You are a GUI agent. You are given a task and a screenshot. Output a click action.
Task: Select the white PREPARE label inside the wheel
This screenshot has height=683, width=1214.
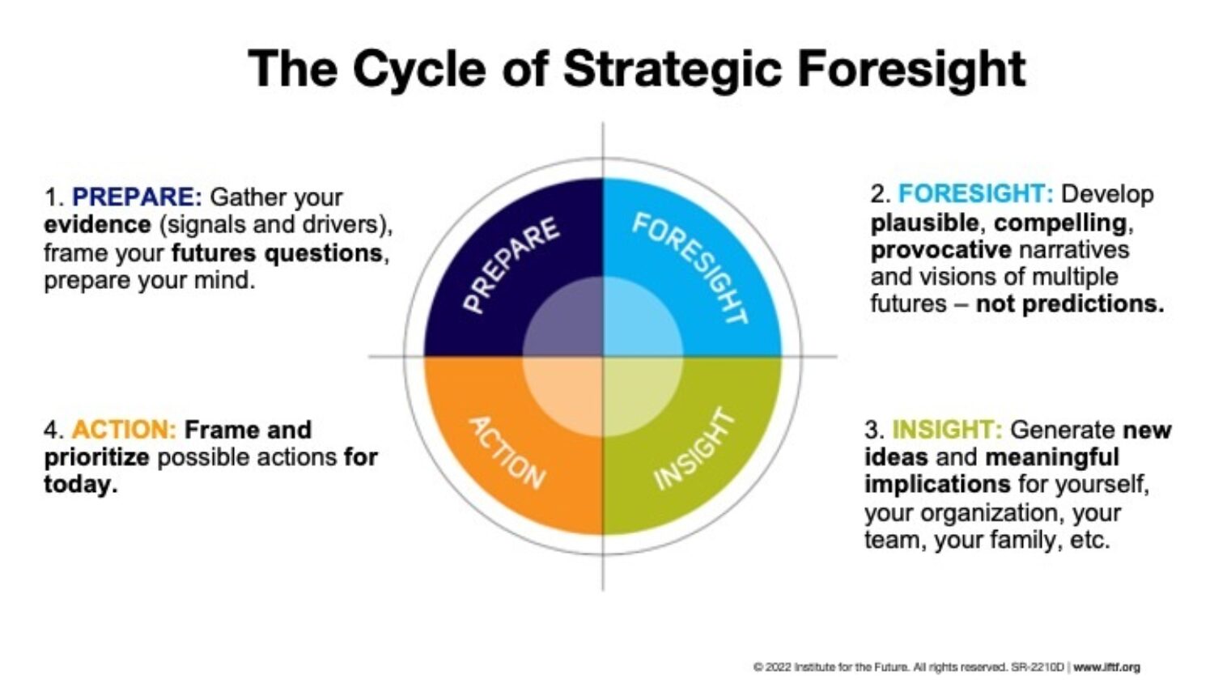coord(511,264)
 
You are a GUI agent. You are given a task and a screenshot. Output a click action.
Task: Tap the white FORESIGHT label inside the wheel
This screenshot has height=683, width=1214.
coord(690,268)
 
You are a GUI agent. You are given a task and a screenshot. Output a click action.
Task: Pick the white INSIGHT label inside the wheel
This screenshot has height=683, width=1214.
coord(694,450)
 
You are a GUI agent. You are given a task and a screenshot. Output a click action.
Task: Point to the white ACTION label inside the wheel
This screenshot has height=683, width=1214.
coord(507,452)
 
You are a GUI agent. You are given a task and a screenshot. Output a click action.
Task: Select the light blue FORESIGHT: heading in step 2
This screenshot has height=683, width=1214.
coord(975,194)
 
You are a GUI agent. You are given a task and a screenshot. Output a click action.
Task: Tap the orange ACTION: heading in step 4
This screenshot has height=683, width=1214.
coord(124,429)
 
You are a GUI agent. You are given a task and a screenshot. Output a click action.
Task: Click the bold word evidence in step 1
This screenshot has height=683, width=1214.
coord(97,224)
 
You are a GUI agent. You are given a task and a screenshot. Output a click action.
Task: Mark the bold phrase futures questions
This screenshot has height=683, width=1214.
coord(276,252)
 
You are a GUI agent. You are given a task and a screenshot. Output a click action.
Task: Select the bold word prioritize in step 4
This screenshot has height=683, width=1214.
coord(96,457)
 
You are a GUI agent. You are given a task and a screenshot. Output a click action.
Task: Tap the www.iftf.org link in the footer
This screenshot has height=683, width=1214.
coord(1106,667)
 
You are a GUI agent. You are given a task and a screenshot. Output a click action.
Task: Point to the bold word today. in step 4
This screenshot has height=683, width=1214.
coord(80,485)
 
